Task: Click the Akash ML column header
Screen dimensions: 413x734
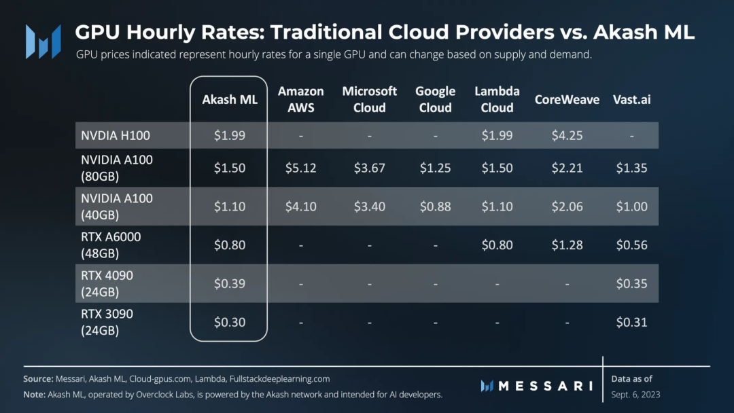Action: [230, 99]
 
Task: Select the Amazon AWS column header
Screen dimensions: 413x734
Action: [301, 99]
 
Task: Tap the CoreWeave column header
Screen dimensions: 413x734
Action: [567, 99]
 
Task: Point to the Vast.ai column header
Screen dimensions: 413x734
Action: [631, 99]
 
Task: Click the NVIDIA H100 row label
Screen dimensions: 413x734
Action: [115, 135]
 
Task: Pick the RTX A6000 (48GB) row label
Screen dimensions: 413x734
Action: [111, 245]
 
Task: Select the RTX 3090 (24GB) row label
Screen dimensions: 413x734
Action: [107, 322]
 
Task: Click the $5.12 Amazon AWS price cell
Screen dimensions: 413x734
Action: [300, 168]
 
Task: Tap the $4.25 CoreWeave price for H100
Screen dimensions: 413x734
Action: [567, 135]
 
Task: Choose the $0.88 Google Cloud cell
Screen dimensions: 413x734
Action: [435, 206]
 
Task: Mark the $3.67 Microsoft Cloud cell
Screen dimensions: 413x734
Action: [369, 168]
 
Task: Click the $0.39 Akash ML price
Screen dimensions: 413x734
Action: [230, 283]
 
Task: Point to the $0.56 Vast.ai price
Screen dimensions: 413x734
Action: [631, 245]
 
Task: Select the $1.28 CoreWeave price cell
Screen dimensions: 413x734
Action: [567, 245]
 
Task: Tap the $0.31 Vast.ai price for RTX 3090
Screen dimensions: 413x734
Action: [631, 322]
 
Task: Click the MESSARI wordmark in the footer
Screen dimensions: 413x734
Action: [541, 386]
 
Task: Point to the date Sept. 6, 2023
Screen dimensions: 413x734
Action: [635, 395]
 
